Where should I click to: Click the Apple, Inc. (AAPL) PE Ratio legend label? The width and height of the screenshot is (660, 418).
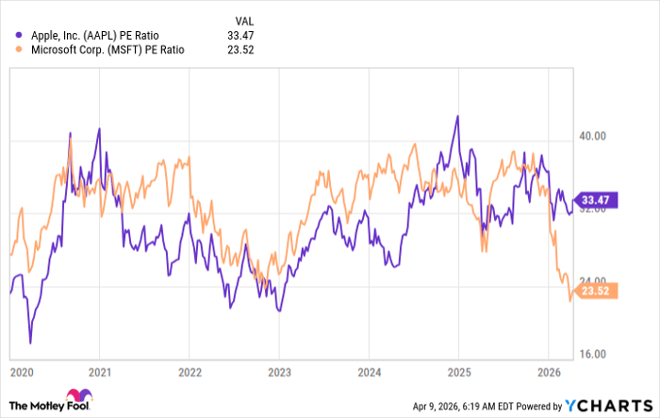95,35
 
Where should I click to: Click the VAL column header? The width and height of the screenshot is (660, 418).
243,19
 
